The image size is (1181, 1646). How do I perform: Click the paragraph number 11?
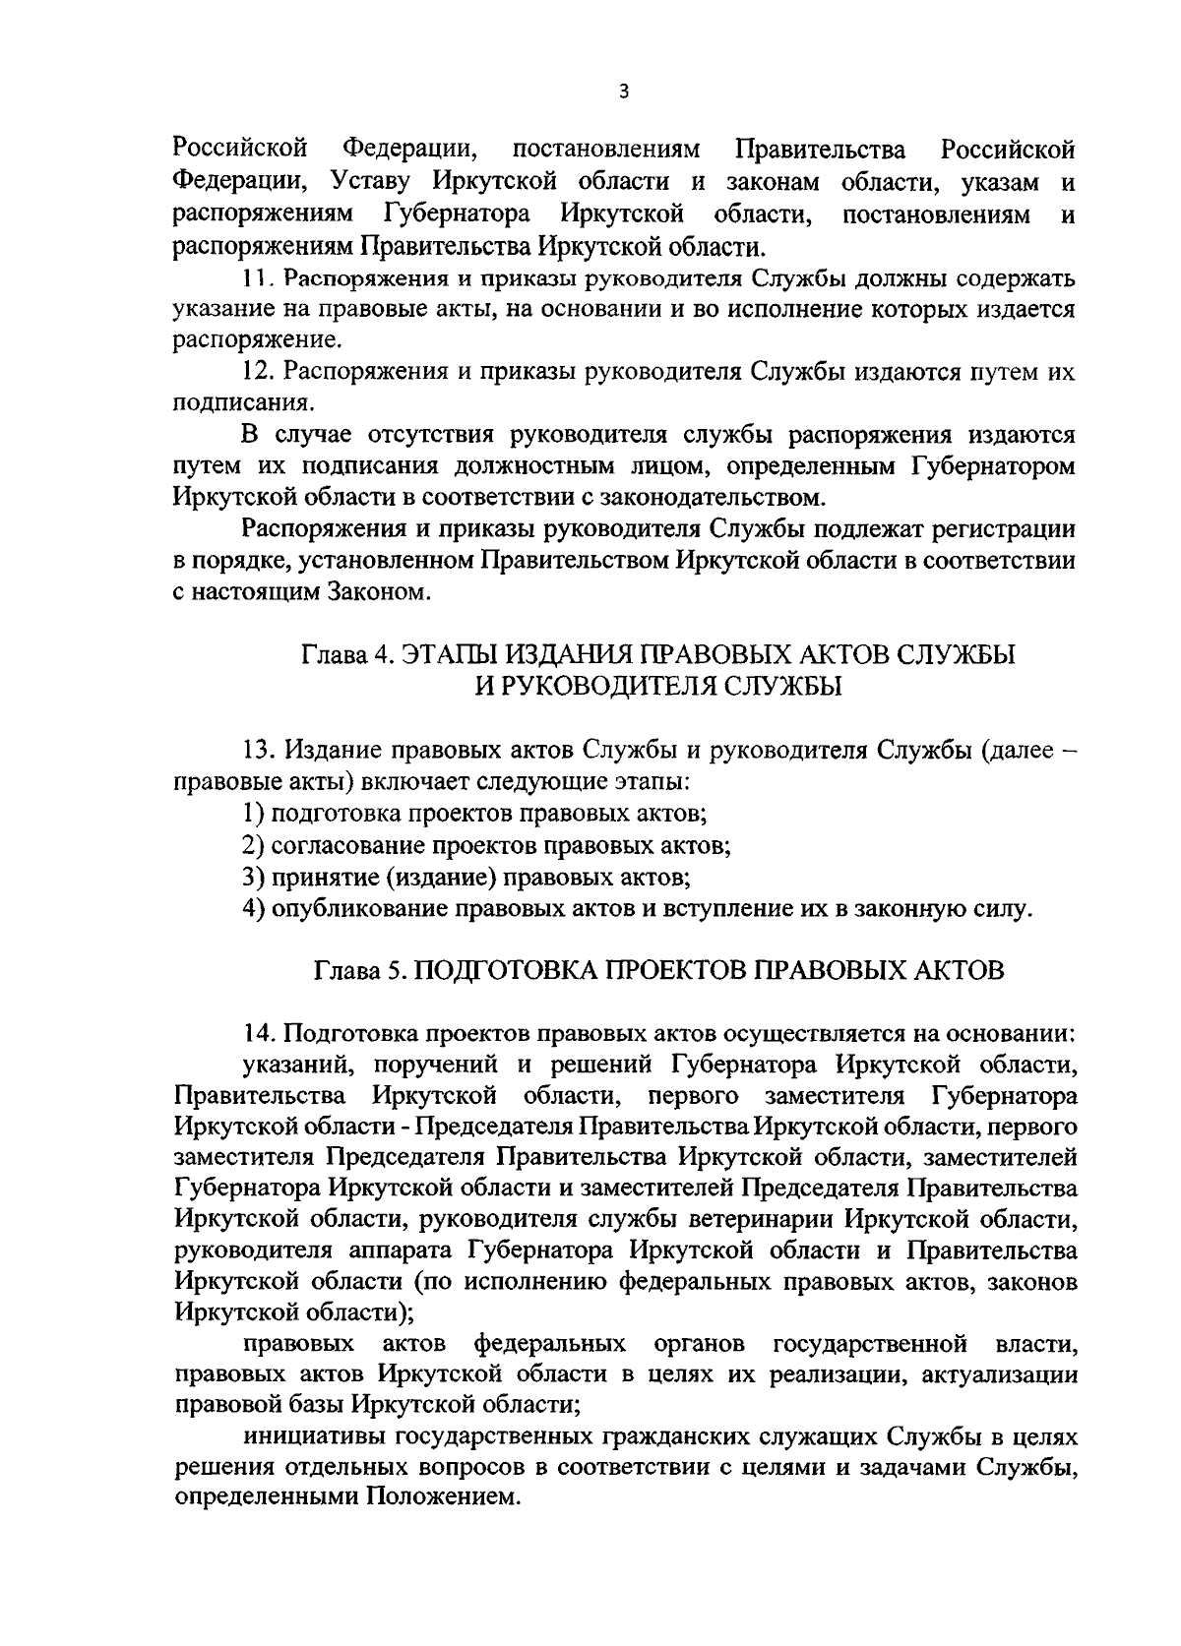point(255,278)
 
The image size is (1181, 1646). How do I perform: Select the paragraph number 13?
point(259,752)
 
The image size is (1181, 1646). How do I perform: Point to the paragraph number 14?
point(259,1034)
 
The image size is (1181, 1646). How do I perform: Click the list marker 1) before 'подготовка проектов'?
point(252,814)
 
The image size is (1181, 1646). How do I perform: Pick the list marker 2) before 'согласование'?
point(253,845)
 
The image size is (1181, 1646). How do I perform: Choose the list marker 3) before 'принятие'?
point(253,876)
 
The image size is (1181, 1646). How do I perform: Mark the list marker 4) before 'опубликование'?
point(253,907)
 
